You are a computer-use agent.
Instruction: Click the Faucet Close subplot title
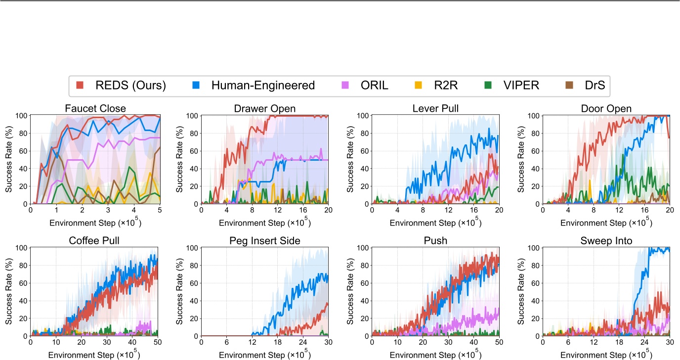95,108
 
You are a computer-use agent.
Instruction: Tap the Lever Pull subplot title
435,108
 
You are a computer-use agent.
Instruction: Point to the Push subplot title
435,241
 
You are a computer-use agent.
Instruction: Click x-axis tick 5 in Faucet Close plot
159,210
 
